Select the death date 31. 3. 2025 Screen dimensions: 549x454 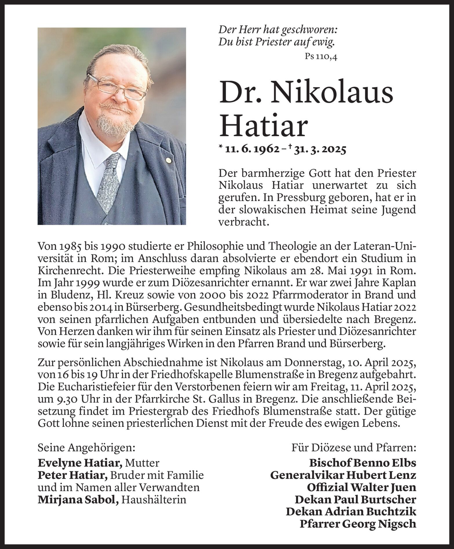[x=320, y=150]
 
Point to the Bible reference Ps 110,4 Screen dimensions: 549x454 [x=321, y=57]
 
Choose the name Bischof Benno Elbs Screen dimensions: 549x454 [x=362, y=463]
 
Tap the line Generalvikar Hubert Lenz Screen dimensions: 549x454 [x=343, y=475]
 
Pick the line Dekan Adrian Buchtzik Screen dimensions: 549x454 [x=351, y=512]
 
